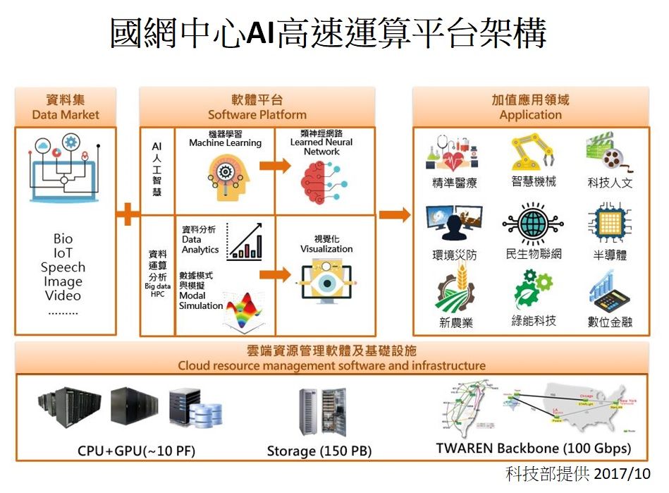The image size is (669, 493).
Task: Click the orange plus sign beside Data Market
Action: [128, 214]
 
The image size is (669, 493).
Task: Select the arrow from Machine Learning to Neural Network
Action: [275, 166]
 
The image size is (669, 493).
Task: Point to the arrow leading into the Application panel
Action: [395, 214]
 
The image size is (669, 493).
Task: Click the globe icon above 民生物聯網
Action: [534, 224]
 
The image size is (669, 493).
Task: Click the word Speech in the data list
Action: [63, 267]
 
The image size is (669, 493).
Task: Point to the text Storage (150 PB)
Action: [319, 451]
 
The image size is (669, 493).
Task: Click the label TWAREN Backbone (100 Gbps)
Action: [533, 448]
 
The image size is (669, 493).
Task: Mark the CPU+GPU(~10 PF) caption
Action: [136, 451]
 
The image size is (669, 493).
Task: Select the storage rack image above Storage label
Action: [323, 410]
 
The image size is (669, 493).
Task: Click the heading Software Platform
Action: [257, 114]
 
